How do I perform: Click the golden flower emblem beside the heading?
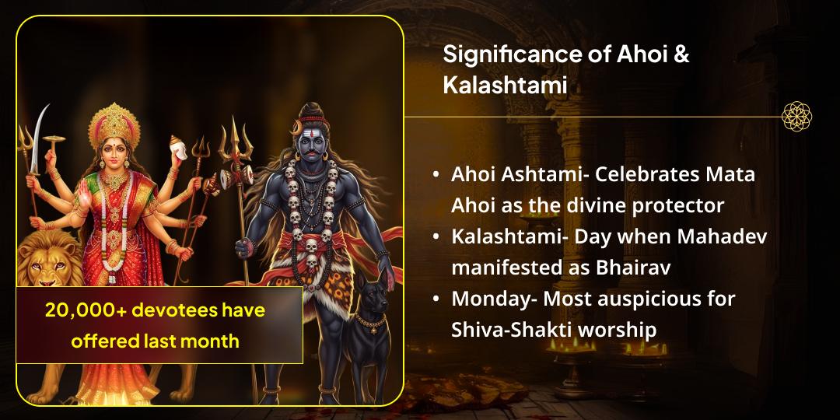coord(796,116)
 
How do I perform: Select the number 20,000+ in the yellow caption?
coord(86,310)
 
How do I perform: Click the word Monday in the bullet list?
coord(485,299)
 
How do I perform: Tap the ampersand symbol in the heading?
coord(681,55)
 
